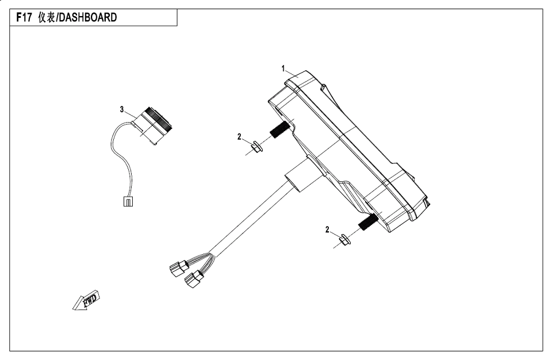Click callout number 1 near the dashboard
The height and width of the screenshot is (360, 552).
pyautogui.click(x=283, y=68)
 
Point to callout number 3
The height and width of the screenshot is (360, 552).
pyautogui.click(x=122, y=108)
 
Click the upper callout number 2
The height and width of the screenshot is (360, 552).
pyautogui.click(x=239, y=137)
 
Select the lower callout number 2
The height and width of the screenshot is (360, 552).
pyautogui.click(x=327, y=229)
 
